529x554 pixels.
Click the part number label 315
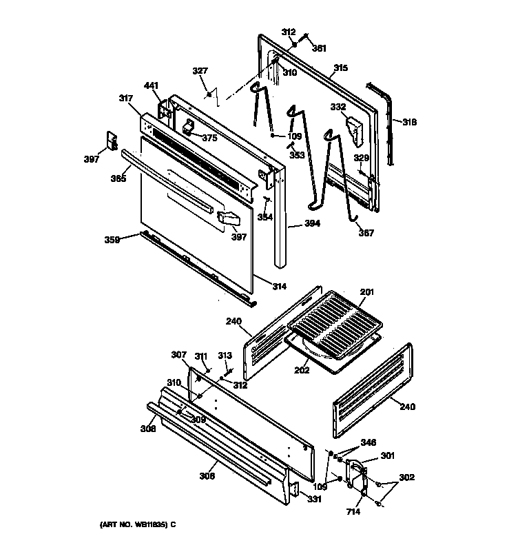tap(341, 68)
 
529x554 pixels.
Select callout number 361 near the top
tap(320, 48)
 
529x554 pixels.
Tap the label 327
tap(200, 70)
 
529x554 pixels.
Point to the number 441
tap(151, 85)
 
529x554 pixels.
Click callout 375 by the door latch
tap(209, 137)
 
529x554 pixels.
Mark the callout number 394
tap(294, 224)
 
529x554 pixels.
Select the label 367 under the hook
tap(366, 233)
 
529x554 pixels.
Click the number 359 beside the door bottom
tap(112, 240)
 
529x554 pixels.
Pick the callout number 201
tap(366, 292)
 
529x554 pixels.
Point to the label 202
tap(302, 370)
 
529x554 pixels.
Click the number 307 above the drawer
tap(178, 355)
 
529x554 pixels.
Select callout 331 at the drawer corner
tap(314, 500)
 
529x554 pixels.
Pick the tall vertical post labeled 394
tap(280, 220)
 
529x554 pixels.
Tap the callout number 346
tap(369, 442)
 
